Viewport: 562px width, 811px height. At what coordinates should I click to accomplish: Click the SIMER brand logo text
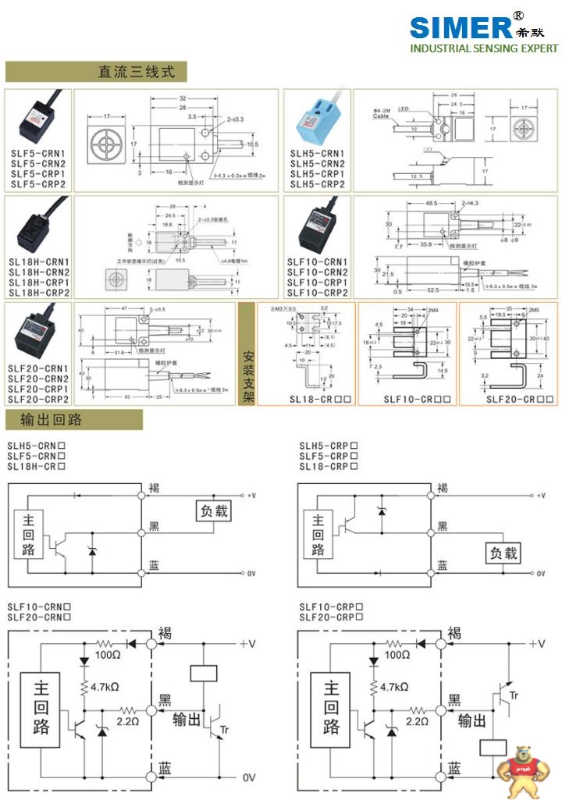pyautogui.click(x=461, y=27)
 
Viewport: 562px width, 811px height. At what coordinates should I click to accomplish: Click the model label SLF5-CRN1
pyautogui.click(x=37, y=154)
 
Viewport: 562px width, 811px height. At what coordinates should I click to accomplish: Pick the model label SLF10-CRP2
pyautogui.click(x=317, y=293)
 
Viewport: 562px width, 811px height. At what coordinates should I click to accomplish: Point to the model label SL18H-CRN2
pyautogui.click(x=39, y=272)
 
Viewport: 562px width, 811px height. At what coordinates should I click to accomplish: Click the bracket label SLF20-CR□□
pyautogui.click(x=520, y=399)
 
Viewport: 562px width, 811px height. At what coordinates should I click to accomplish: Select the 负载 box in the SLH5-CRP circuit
pyautogui.click(x=503, y=553)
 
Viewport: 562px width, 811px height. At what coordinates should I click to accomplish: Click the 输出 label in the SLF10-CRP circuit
pyautogui.click(x=471, y=720)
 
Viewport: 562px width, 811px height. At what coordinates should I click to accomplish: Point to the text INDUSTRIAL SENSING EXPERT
pyautogui.click(x=484, y=48)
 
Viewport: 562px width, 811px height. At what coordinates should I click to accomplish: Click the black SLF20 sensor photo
pyautogui.click(x=37, y=333)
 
